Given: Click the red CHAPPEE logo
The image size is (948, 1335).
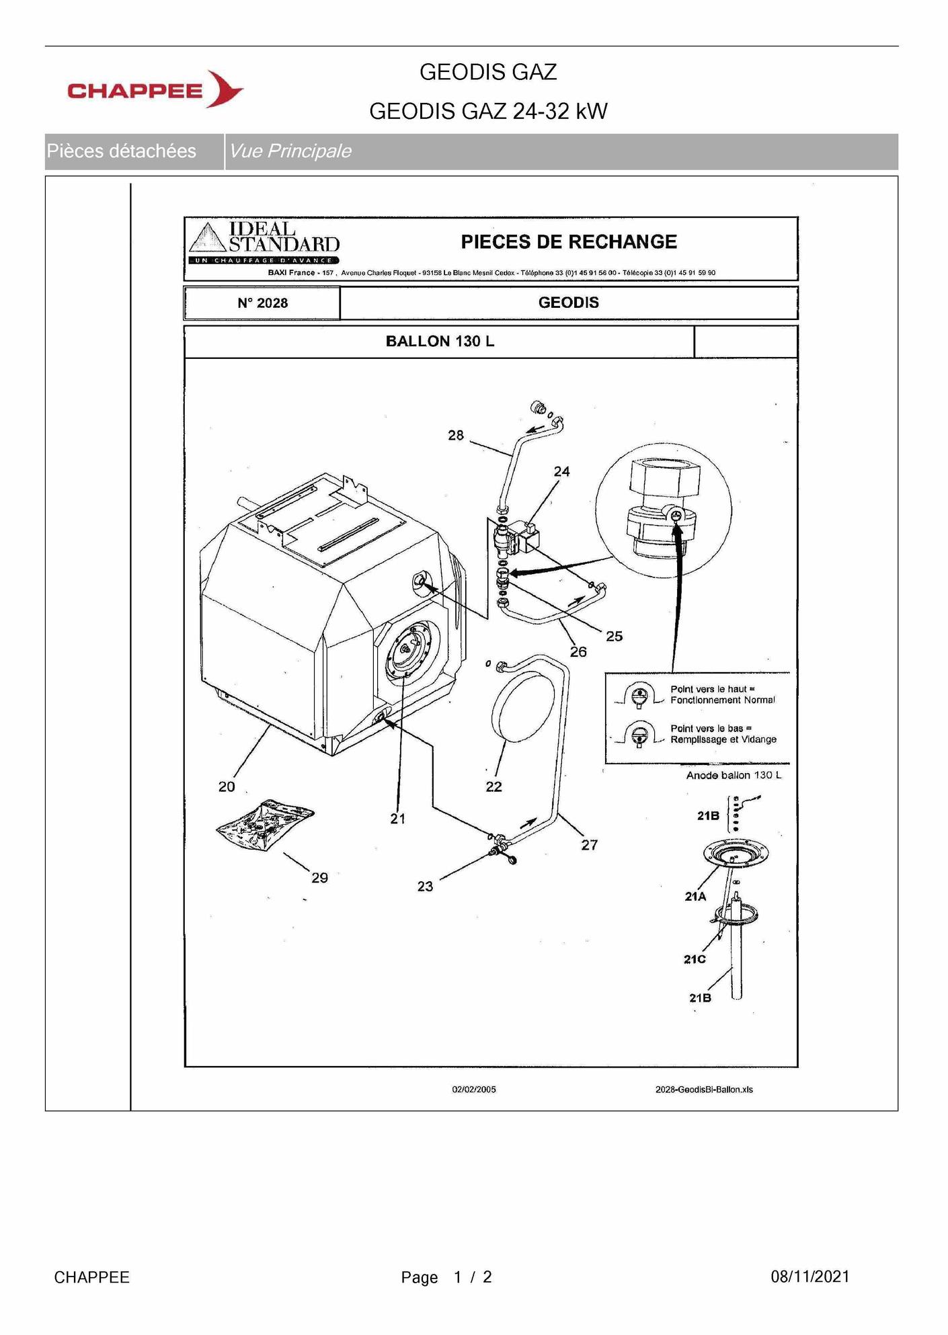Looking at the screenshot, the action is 155,89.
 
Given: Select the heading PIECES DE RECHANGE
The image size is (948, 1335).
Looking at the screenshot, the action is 569,242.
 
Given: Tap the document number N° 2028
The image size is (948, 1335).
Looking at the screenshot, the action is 262,303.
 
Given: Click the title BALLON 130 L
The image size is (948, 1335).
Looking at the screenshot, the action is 440,341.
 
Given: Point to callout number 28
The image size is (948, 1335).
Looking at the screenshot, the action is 456,436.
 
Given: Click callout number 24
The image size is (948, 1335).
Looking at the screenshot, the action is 562,472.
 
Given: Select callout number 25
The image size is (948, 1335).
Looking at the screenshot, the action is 614,636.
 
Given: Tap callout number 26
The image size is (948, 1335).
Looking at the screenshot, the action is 578,652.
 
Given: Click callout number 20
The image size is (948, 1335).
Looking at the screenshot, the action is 227,786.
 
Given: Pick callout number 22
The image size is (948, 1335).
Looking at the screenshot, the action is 493,786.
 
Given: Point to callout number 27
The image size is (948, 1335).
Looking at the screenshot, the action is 589,845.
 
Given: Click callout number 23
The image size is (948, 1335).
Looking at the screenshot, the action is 425,887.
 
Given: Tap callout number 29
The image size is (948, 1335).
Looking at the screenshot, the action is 319,878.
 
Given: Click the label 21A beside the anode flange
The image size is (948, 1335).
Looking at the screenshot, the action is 695,897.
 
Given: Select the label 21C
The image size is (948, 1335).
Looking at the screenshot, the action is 695,959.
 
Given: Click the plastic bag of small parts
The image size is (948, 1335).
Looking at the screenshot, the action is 265,825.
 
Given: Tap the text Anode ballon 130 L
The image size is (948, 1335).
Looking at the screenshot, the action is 734,776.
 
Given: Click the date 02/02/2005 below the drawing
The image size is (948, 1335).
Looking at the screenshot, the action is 474,1090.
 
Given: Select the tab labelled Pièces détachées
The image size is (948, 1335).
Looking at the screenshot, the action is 122,151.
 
